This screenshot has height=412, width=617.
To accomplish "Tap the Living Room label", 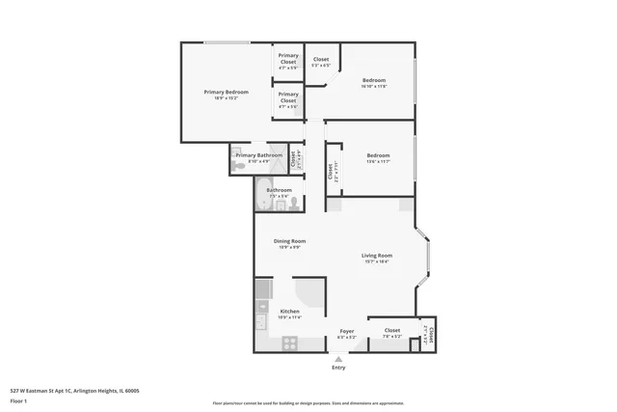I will (x=377, y=255).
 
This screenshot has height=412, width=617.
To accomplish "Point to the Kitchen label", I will (x=289, y=311).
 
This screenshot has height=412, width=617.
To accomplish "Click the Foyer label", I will (x=347, y=332).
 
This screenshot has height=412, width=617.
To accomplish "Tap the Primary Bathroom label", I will (x=258, y=155).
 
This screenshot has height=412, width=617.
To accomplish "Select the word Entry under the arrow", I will (x=338, y=368).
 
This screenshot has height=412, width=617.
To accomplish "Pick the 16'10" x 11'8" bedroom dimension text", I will (x=374, y=87).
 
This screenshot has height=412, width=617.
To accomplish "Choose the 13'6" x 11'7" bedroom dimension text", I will (x=378, y=161).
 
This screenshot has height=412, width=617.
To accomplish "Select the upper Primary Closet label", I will (x=288, y=60).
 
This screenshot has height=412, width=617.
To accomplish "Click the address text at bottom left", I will (x=75, y=391).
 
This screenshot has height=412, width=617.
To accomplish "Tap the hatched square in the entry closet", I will (x=416, y=344).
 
